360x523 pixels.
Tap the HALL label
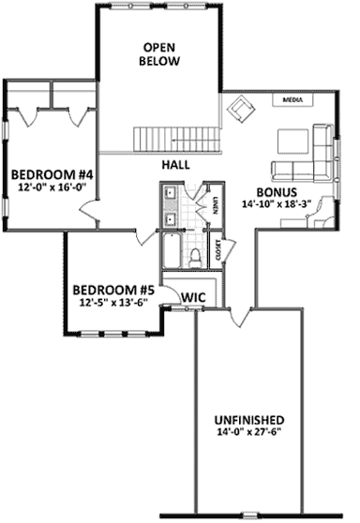click(175, 164)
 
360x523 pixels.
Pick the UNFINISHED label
click(247, 419)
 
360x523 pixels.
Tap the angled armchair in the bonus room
click(244, 112)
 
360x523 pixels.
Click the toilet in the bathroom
click(196, 257)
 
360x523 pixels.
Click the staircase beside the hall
click(178, 140)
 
